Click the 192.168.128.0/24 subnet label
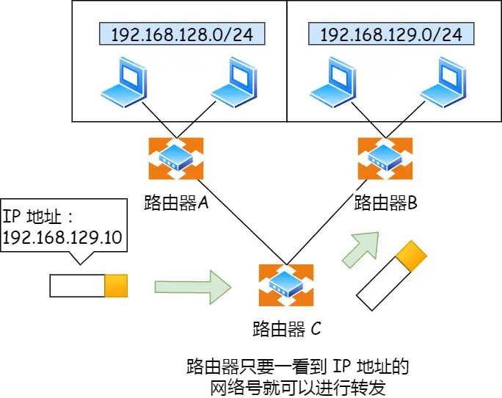click(x=181, y=34)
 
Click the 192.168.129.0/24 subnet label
click(x=390, y=34)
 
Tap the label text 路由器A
click(x=176, y=203)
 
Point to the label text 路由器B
click(x=386, y=203)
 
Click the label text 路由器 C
click(x=286, y=328)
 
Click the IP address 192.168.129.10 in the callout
click(x=62, y=237)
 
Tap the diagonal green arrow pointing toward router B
click(x=361, y=249)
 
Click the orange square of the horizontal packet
click(x=116, y=286)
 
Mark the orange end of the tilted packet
click(x=410, y=254)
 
